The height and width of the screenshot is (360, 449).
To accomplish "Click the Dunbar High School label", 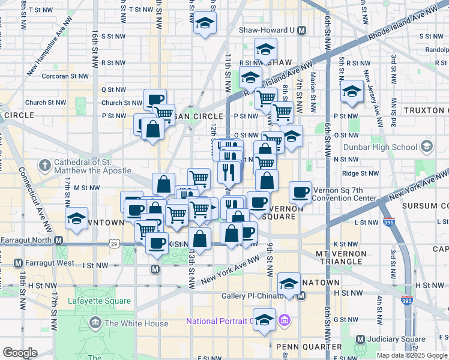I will tap(379, 147).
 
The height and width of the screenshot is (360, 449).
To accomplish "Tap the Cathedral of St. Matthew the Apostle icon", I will tap(45, 164).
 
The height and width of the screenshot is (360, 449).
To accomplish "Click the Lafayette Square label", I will tap(99, 301).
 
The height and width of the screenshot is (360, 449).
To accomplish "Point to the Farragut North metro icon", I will tap(59, 241).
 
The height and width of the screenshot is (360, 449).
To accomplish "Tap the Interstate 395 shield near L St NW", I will tap(388, 221).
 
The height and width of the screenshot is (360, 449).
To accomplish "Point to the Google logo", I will tap(20, 353).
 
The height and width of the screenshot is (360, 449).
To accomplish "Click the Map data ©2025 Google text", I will tap(411, 355).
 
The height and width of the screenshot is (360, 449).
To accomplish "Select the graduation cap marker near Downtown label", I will tap(77, 219).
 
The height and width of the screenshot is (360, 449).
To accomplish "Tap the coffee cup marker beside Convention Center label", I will tap(300, 193).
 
